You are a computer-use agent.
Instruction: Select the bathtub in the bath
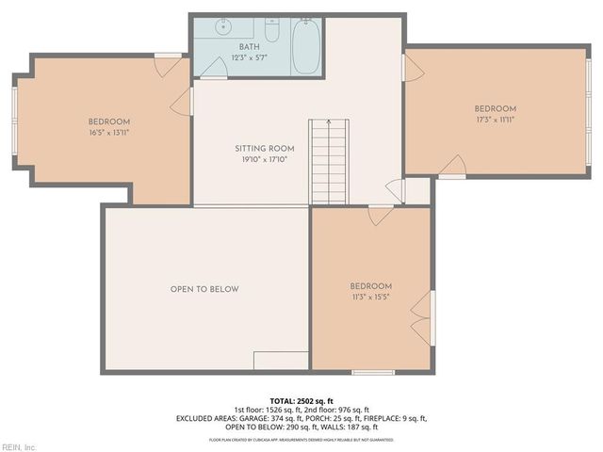tap(306, 46)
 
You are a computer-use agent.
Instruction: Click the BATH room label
tap(249, 47)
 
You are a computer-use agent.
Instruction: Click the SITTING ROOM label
tap(265, 149)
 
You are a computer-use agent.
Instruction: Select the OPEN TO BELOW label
tap(204, 289)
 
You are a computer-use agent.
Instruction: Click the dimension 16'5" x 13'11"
tap(109, 134)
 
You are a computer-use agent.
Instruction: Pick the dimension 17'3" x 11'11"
tap(495, 120)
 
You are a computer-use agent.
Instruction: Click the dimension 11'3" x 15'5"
tap(370, 298)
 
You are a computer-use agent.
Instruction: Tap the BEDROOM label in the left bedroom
tap(109, 121)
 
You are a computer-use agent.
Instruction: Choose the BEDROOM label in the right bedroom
tap(495, 108)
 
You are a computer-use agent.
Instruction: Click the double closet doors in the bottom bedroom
tap(423, 317)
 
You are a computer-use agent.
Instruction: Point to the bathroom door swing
tap(181, 102)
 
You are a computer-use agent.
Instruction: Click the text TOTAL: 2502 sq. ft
tap(301, 399)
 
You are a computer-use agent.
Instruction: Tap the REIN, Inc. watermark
tap(19, 446)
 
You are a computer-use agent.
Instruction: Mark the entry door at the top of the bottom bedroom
tap(381, 216)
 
